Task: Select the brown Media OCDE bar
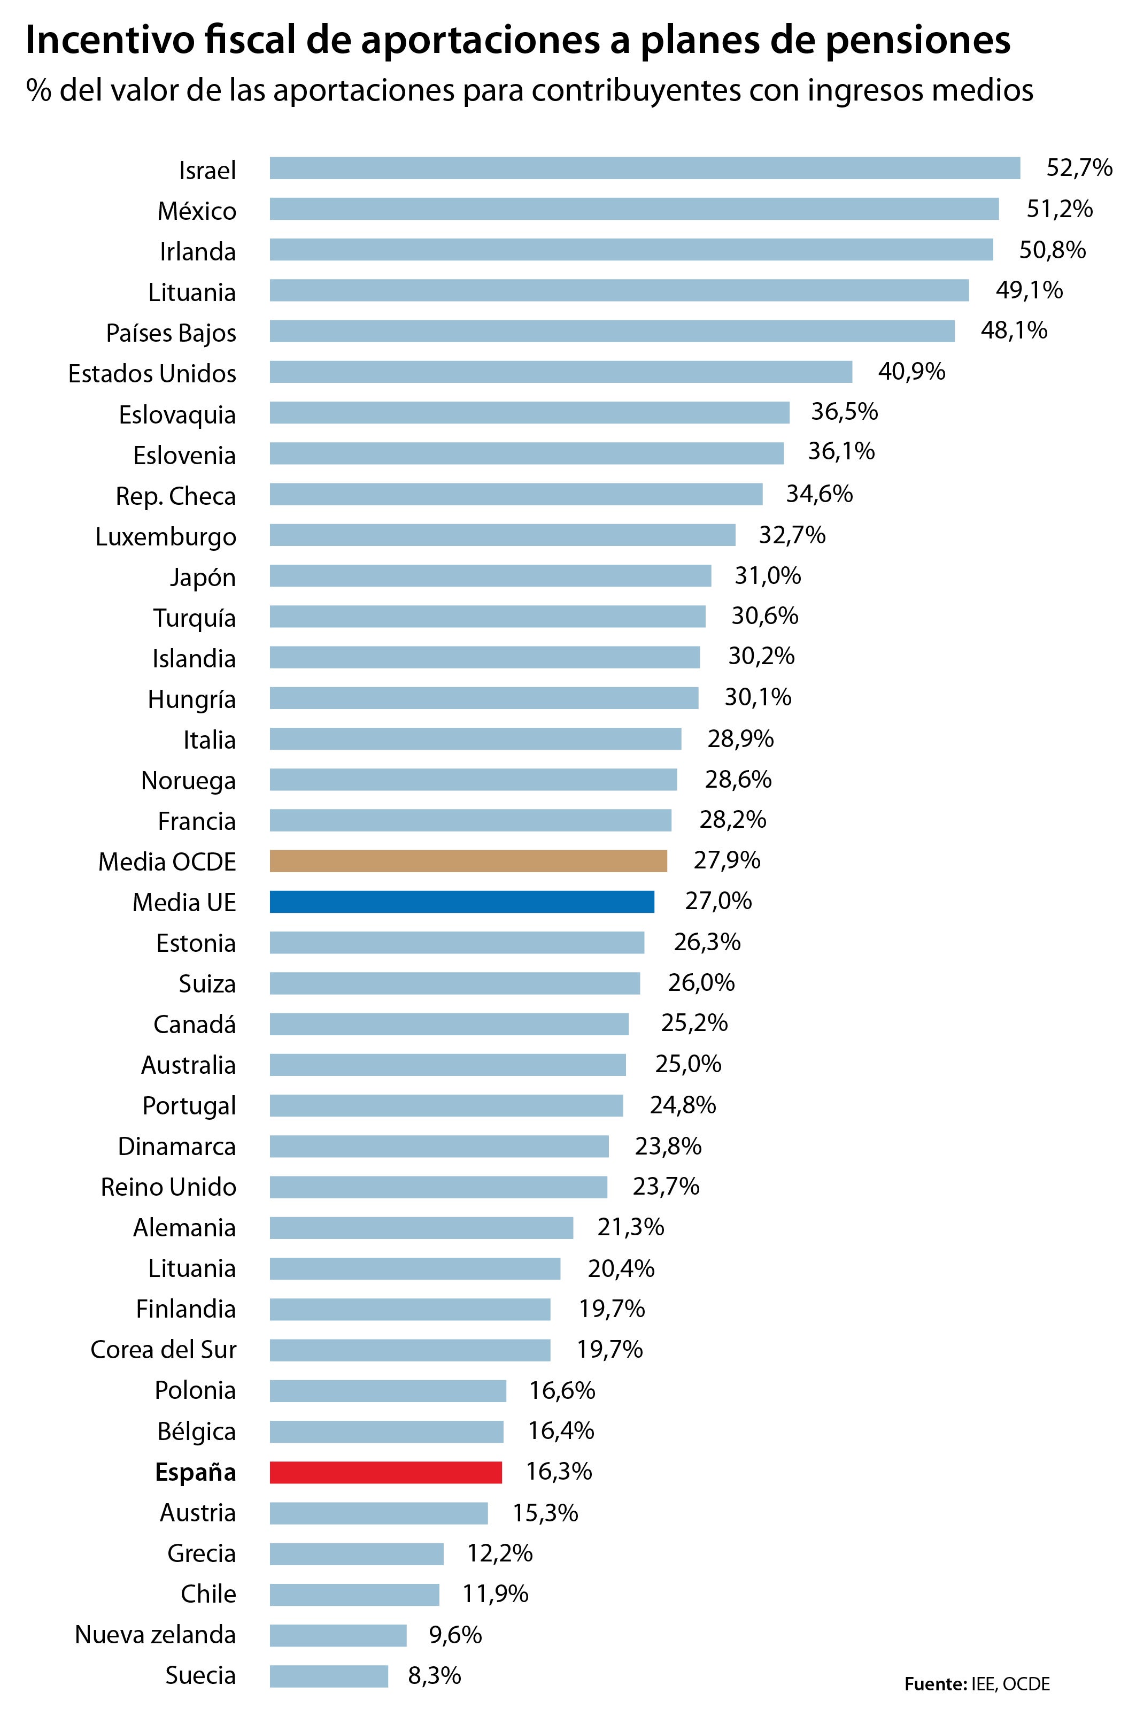coord(468,861)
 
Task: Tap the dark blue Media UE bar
coord(461,902)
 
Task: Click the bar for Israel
coord(645,168)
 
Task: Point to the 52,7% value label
coord(1079,168)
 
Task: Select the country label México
coord(197,211)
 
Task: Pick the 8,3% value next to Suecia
coord(435,1675)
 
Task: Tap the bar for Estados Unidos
coord(561,372)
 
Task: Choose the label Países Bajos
coord(171,333)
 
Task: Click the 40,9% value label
coord(911,372)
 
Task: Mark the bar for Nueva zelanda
coord(338,1634)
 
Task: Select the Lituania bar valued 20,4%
coord(414,1268)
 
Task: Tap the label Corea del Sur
coord(163,1349)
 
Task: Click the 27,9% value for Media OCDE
coord(727,860)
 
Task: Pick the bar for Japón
coord(490,576)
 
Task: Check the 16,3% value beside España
coord(559,1471)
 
